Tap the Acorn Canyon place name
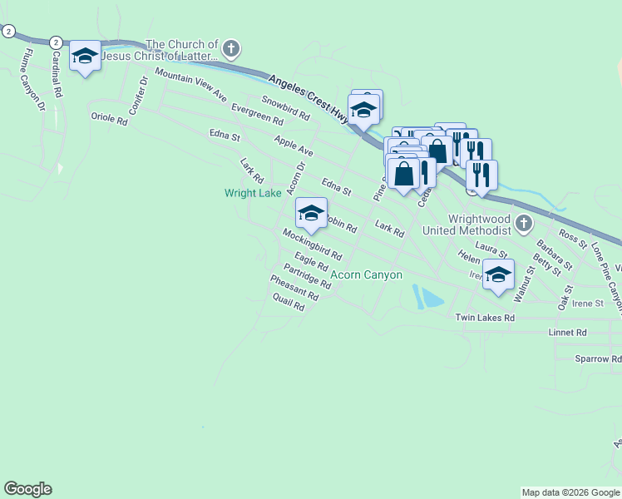367,275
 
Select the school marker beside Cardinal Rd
85,57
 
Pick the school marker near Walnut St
498,275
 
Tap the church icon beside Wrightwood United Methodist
523,223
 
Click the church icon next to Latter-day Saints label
232,50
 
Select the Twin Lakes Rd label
485,319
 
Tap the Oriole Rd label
109,119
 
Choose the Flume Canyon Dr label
33,80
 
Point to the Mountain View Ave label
190,86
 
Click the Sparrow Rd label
598,359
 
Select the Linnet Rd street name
568,333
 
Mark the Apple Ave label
293,146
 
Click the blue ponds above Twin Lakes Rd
427,297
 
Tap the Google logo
27,489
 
